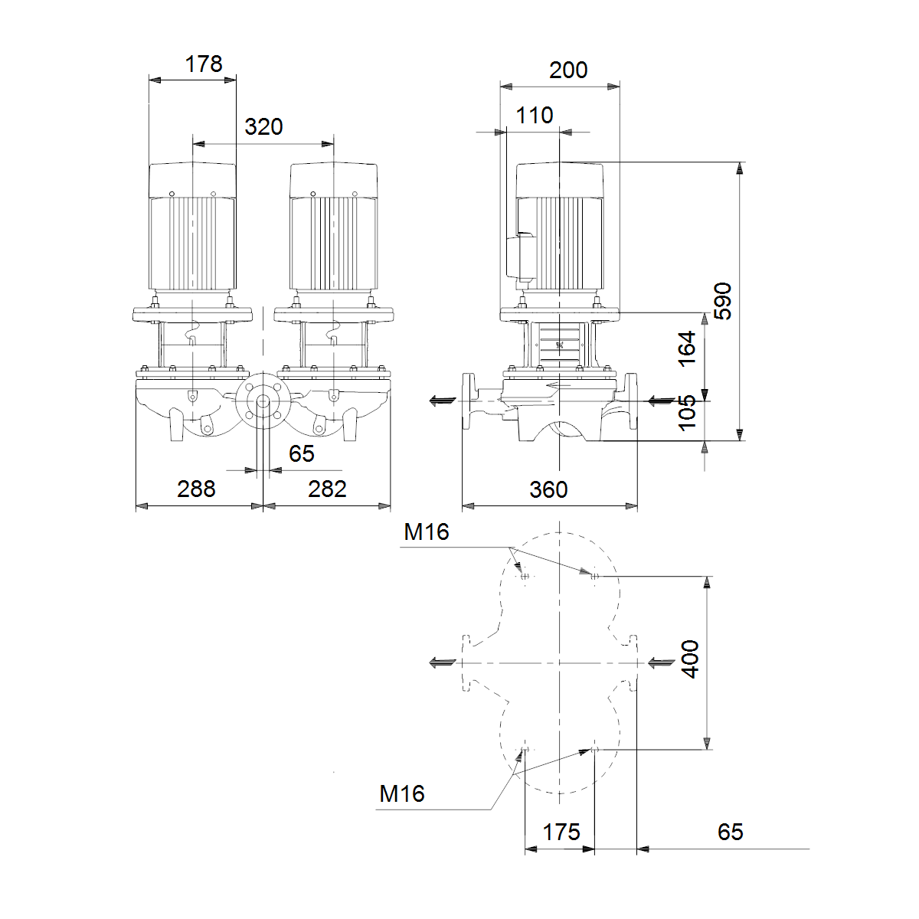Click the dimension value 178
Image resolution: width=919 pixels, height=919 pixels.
click(x=204, y=64)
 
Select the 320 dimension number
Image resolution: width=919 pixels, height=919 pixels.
click(x=263, y=127)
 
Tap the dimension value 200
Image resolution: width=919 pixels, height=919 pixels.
click(x=568, y=70)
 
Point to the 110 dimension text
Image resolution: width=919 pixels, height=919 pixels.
click(x=535, y=116)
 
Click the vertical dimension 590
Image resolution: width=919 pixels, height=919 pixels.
click(x=722, y=301)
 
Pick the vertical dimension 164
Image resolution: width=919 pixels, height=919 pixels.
click(x=687, y=348)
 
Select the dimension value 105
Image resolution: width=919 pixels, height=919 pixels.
click(x=687, y=413)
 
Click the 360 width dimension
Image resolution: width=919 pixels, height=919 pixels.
click(x=548, y=490)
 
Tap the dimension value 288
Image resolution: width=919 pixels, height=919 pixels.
click(x=196, y=489)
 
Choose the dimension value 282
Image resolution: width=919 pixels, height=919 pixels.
click(x=327, y=489)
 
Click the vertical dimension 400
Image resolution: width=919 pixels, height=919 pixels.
click(x=690, y=659)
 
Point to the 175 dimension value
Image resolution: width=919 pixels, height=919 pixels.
click(x=561, y=832)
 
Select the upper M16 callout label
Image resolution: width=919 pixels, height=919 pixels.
click(x=427, y=531)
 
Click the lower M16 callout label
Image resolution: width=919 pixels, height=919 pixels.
click(x=401, y=793)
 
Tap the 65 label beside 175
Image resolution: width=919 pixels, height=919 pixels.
click(x=730, y=832)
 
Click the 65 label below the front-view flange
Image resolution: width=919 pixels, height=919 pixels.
click(x=302, y=453)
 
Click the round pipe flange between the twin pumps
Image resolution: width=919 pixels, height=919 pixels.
click(x=263, y=401)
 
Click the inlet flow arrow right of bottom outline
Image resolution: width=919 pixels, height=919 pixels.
click(x=661, y=662)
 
